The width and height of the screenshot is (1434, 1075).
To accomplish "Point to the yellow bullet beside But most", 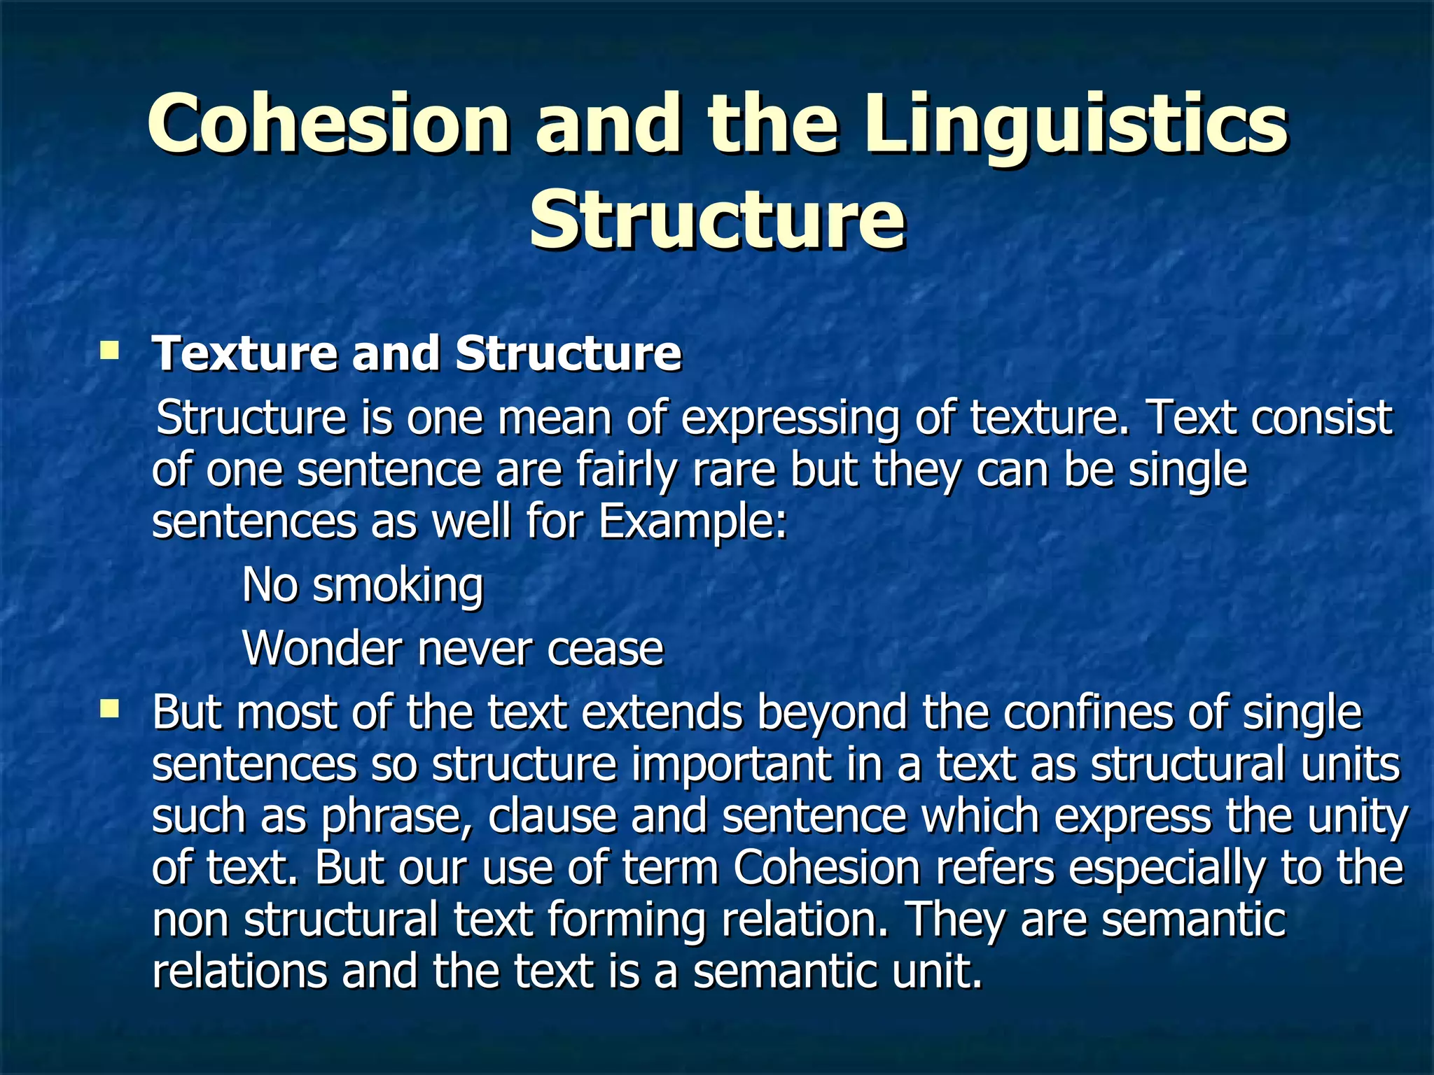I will (109, 710).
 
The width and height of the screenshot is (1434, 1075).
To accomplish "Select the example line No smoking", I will (363, 584).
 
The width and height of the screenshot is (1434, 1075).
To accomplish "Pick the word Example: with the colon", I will (693, 521).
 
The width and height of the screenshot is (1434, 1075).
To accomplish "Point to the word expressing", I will (790, 419).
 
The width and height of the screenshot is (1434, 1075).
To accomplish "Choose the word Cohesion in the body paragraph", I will (827, 868).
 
